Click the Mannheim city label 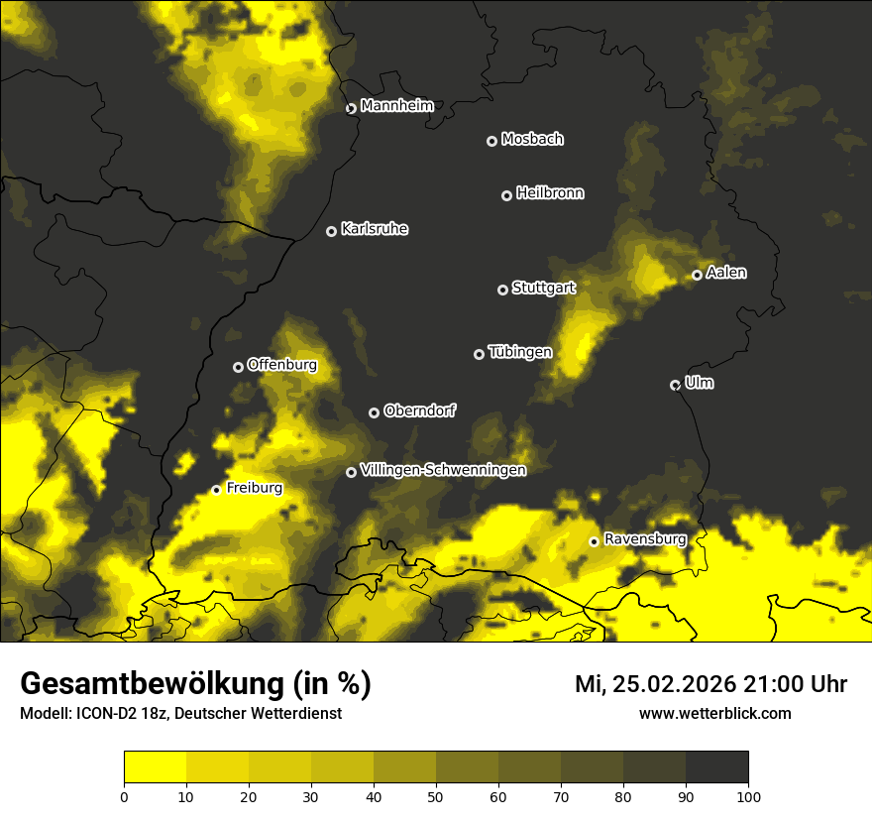click(396, 106)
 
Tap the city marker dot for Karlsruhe click(331, 231)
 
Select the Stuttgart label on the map click(543, 288)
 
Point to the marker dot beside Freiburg click(216, 490)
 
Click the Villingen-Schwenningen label click(443, 470)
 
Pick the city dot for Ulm click(675, 385)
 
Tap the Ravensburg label click(645, 539)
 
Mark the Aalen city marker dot click(697, 275)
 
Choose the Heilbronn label click(550, 193)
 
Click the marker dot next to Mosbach click(491, 141)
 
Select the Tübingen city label click(520, 352)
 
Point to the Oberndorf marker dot click(374, 412)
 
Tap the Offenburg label click(282, 365)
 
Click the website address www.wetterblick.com click(715, 713)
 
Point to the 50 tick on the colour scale click(436, 795)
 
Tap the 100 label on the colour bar click(748, 795)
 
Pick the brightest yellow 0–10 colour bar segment click(156, 767)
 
